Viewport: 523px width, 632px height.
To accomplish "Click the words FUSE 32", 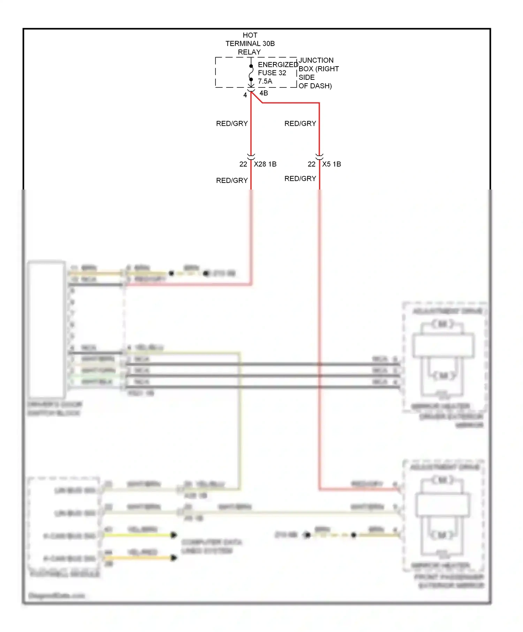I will (272, 73).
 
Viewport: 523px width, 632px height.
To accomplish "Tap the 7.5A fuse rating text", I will (265, 81).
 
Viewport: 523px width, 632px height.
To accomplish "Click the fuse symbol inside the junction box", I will (251, 73).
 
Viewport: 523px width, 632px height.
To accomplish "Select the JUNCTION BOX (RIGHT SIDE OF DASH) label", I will (318, 73).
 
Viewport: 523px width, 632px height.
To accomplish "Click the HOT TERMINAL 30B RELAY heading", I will (250, 44).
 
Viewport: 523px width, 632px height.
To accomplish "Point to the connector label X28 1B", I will (265, 164).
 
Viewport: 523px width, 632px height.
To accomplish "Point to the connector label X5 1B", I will (331, 164).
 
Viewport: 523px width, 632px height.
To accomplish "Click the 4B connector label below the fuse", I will (264, 93).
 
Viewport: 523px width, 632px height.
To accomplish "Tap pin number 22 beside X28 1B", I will (243, 164).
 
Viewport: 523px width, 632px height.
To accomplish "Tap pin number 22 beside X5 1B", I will (311, 164).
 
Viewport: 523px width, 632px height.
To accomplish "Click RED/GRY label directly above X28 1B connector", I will (232, 123).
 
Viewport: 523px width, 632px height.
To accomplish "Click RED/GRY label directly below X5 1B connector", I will (300, 178).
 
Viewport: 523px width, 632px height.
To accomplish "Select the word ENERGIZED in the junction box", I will (278, 65).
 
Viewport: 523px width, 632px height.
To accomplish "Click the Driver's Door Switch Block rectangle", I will (47, 329).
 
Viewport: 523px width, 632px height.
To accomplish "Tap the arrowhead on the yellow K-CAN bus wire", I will (174, 535).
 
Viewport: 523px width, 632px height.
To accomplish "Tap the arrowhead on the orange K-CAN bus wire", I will (174, 558).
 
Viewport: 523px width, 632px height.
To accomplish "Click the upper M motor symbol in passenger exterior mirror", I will (442, 480).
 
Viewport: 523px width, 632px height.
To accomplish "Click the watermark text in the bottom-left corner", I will (56, 595).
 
